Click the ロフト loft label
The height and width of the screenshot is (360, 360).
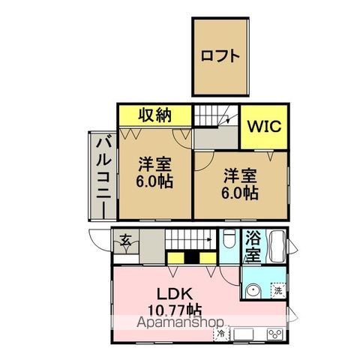point(220,55)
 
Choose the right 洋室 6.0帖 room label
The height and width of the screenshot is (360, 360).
point(241,184)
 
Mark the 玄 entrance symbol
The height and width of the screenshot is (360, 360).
point(127,240)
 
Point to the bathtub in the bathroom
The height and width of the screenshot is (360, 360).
point(275,245)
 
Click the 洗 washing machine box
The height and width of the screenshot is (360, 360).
point(277,291)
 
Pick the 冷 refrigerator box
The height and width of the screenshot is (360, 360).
point(223,332)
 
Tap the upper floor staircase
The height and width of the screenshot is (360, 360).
point(216,118)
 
